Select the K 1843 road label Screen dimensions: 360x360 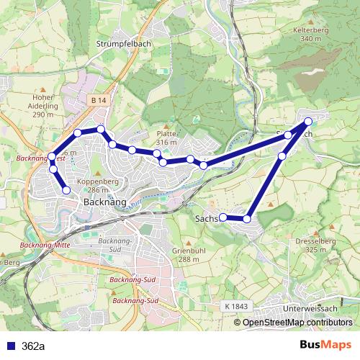coord(235,306)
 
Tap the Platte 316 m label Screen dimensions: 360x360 coord(166,138)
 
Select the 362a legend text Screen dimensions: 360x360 coord(32,346)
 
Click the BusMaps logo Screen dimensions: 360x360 coord(325,345)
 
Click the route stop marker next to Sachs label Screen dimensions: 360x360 coord(223,217)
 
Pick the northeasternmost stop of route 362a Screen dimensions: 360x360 coord(308,122)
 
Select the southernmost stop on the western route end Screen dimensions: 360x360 coord(66,190)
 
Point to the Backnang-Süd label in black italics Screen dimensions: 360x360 coord(110,244)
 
